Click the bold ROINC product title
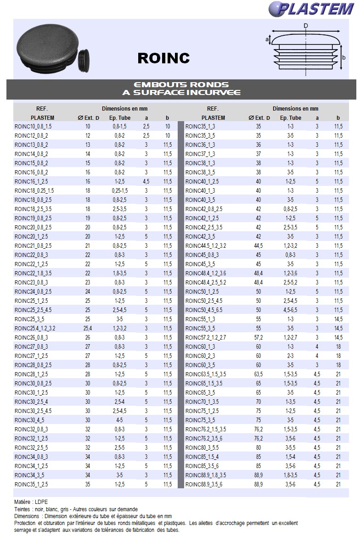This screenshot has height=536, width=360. (x=163, y=58)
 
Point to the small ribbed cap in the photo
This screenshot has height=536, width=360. (x=84, y=59)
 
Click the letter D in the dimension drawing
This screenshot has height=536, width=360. (x=305, y=26)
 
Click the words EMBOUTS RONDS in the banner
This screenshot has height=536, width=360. (x=181, y=85)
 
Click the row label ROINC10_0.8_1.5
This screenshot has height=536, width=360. (x=33, y=126)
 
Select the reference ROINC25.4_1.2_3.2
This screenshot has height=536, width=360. (x=35, y=328)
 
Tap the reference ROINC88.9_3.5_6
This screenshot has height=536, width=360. (x=205, y=484)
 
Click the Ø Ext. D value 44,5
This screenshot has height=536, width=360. (x=259, y=246)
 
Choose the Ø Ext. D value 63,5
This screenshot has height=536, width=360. (x=259, y=374)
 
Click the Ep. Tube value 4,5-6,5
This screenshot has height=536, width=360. (x=290, y=310)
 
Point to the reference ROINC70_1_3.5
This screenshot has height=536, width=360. (x=202, y=402)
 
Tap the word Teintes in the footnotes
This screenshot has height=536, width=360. (x=23, y=509)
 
